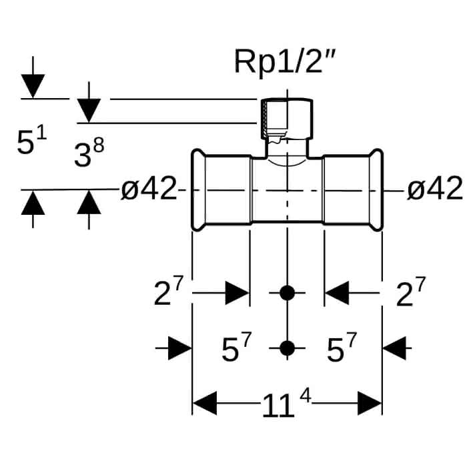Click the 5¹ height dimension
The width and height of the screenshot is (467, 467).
[x=31, y=141]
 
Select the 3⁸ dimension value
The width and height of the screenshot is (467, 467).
[x=89, y=154]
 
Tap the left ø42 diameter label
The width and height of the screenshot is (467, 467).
[x=149, y=189]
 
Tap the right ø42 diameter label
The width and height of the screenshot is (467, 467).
[x=435, y=189]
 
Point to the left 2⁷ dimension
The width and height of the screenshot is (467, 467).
[x=168, y=292]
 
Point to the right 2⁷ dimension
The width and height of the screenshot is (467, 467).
[x=411, y=292]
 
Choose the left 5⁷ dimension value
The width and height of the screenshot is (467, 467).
[x=237, y=347]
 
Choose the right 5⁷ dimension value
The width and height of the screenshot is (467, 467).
[x=342, y=347]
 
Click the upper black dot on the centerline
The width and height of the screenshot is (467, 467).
[x=287, y=293]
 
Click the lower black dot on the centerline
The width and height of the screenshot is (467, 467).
[x=287, y=348]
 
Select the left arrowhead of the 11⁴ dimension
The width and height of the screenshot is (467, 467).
[x=205, y=403]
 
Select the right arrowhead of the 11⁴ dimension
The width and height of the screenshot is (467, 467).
[x=370, y=403]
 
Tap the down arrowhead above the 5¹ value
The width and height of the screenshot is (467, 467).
[x=33, y=86]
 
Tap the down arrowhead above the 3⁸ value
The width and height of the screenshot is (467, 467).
[x=89, y=111]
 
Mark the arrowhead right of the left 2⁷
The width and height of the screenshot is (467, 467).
[x=237, y=293]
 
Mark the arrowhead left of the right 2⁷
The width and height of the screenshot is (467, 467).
[x=337, y=293]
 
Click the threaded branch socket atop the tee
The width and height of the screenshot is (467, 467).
[x=287, y=119]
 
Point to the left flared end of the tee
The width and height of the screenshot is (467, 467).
[x=198, y=189]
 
